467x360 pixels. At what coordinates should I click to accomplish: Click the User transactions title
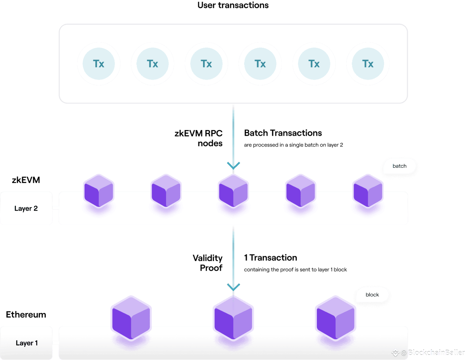pyautogui.click(x=233, y=5)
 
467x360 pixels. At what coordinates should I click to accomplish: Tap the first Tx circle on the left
pyautogui.click(x=99, y=64)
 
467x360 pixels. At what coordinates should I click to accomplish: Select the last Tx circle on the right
pyautogui.click(x=368, y=64)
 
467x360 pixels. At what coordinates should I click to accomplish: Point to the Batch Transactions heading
pyautogui.click(x=283, y=133)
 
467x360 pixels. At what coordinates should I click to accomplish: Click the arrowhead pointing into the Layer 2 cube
pyautogui.click(x=233, y=166)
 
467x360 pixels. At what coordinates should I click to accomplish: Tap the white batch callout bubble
pyautogui.click(x=400, y=166)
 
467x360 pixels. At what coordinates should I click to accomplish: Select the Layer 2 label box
pyautogui.click(x=26, y=208)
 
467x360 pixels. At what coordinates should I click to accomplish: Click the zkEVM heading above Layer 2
pyautogui.click(x=26, y=180)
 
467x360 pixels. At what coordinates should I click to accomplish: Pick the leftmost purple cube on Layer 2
pyautogui.click(x=99, y=191)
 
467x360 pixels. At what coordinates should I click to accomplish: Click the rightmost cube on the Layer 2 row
pyautogui.click(x=368, y=191)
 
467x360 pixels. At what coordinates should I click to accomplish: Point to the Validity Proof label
pyautogui.click(x=208, y=263)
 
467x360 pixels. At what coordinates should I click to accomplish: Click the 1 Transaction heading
pyautogui.click(x=271, y=258)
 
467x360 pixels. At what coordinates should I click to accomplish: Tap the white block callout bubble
pyautogui.click(x=372, y=295)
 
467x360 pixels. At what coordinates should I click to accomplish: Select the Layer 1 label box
pyautogui.click(x=26, y=343)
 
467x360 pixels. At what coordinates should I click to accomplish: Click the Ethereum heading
pyautogui.click(x=26, y=314)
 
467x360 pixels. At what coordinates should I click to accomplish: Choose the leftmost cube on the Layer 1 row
pyautogui.click(x=131, y=318)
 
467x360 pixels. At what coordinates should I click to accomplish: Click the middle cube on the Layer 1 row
pyautogui.click(x=233, y=318)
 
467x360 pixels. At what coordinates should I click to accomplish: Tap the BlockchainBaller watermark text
pyautogui.click(x=436, y=353)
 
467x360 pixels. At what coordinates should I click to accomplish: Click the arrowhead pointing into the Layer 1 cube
pyautogui.click(x=233, y=287)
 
